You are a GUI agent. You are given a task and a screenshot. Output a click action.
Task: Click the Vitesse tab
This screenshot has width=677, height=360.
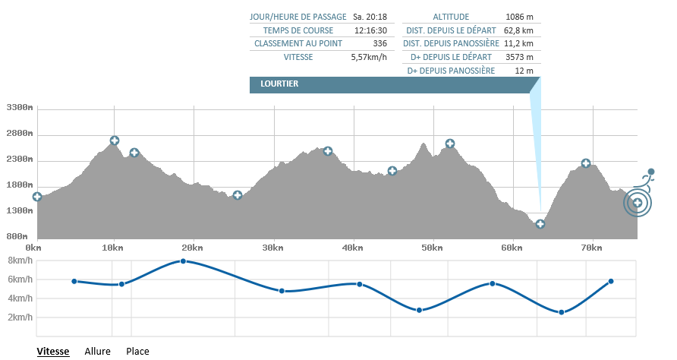(53, 351)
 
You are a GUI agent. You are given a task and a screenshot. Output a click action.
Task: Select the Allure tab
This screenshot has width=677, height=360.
(98, 351)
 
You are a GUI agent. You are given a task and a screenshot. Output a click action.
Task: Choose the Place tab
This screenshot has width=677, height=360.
(137, 351)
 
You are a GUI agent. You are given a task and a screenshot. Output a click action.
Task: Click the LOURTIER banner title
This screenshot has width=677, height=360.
(279, 84)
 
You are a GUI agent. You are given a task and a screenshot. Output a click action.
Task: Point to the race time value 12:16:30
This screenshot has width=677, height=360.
(371, 30)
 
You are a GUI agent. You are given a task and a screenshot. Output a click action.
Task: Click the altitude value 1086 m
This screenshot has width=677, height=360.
(519, 17)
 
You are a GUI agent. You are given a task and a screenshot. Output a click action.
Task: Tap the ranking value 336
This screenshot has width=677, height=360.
(380, 43)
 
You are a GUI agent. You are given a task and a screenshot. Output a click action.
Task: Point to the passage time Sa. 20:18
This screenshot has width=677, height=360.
(370, 17)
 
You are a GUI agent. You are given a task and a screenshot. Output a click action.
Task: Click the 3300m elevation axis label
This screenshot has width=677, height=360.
(19, 108)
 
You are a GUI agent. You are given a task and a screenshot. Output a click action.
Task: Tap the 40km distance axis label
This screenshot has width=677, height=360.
(352, 248)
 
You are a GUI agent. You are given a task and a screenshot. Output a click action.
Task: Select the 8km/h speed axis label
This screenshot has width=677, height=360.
(20, 260)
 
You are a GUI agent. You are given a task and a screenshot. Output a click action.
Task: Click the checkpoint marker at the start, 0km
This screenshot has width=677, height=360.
(37, 197)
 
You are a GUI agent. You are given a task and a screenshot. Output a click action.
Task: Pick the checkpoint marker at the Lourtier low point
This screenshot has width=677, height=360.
(540, 224)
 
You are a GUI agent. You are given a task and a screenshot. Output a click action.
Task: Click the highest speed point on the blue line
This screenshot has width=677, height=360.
(183, 261)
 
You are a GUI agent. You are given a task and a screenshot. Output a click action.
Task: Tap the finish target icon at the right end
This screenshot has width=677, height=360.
(638, 202)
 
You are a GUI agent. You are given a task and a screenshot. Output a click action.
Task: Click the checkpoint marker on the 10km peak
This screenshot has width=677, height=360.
(115, 141)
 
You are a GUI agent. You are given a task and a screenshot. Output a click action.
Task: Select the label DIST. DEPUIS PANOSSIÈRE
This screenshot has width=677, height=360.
(451, 43)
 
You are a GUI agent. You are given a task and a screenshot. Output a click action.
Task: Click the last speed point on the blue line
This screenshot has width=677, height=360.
(611, 282)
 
